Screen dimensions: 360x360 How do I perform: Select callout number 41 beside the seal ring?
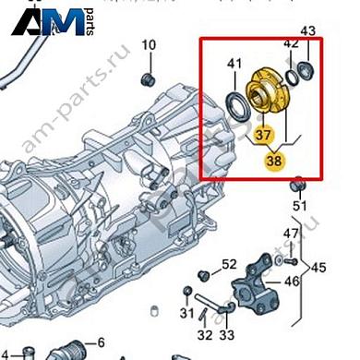(234, 65)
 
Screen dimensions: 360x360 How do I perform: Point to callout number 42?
(291, 43)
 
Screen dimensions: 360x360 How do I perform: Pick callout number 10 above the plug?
(149, 44)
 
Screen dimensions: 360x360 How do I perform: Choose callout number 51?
(298, 205)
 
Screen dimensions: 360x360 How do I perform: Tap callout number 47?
(291, 232)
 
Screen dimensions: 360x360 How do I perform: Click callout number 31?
(188, 314)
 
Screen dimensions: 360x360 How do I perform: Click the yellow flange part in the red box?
(269, 92)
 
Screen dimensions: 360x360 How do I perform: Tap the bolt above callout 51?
(298, 185)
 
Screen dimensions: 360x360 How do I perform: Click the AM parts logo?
(55, 20)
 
